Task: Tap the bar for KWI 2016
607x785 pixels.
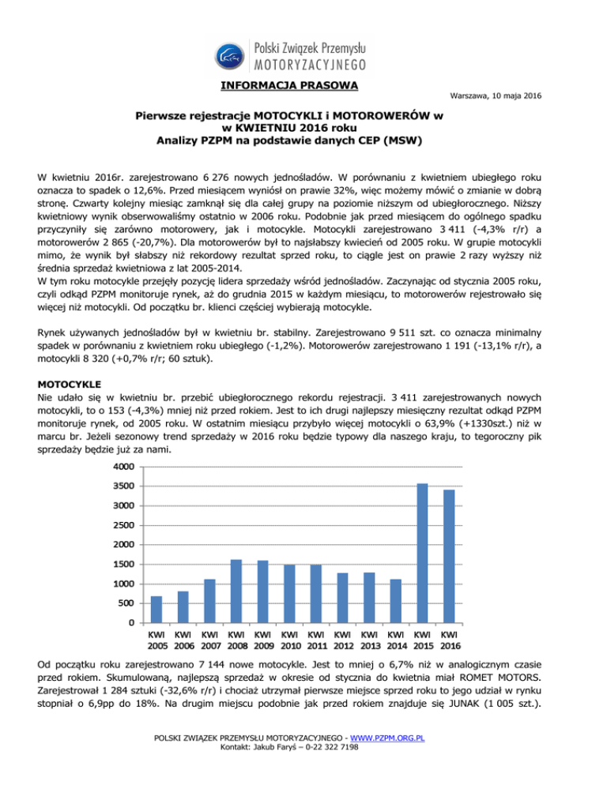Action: click(449, 556)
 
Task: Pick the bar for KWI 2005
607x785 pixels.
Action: click(156, 609)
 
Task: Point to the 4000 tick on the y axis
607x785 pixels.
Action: click(123, 467)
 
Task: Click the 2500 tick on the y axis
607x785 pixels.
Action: click(123, 525)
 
